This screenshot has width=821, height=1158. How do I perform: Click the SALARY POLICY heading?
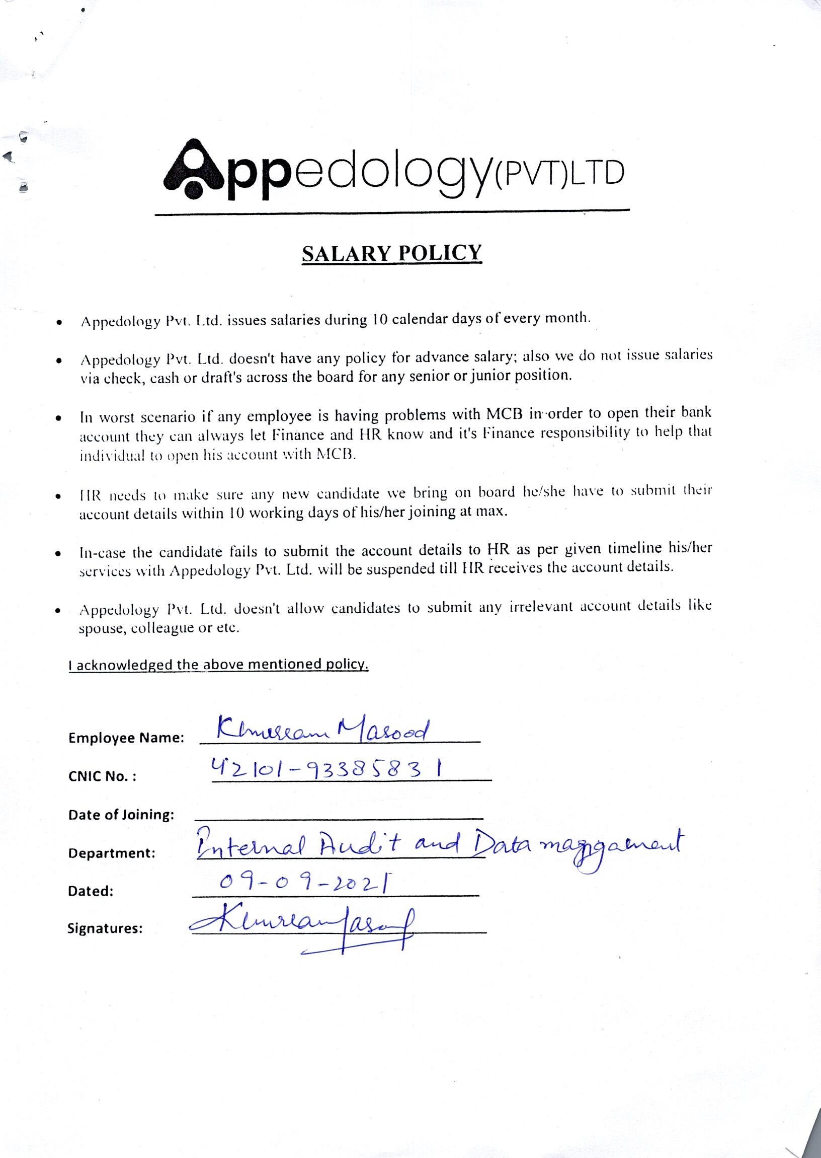click(392, 253)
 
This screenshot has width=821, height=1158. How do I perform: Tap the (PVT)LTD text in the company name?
click(559, 174)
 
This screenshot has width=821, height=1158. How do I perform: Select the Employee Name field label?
click(126, 738)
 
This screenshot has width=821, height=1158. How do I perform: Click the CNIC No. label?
click(102, 776)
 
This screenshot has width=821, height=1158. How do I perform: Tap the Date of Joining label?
click(121, 815)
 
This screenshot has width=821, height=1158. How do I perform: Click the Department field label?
click(112, 853)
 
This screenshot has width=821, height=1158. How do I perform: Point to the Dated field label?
click(91, 891)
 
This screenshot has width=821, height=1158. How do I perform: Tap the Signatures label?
click(105, 928)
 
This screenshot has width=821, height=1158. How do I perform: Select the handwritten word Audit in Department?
click(359, 845)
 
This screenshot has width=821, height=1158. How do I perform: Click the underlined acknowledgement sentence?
click(218, 664)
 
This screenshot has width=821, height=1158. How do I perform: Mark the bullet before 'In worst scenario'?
click(59, 419)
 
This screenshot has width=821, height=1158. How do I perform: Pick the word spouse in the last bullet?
click(101, 629)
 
